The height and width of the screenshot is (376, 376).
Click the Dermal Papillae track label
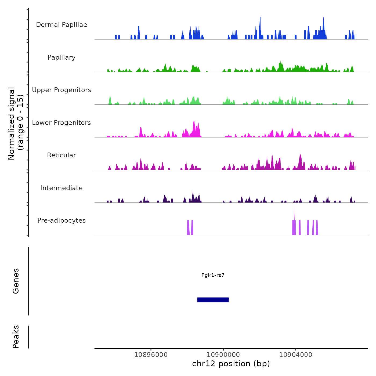62,25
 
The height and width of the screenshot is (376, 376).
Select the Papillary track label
62,57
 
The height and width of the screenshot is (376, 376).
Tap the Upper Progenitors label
62,90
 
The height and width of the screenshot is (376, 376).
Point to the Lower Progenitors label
62,123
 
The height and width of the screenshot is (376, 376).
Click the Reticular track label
62,155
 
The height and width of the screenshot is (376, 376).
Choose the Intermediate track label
62,188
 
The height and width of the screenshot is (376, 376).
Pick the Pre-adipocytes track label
62,220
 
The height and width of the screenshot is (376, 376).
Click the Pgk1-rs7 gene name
213,275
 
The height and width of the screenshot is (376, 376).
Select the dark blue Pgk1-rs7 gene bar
213,300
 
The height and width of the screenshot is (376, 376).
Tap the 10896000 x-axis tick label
151,355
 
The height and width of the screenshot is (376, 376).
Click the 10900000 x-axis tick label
223,355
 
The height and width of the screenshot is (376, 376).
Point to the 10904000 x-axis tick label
296,355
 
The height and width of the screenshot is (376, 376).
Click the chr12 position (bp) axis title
231,364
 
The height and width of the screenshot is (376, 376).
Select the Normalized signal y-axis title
16,124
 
